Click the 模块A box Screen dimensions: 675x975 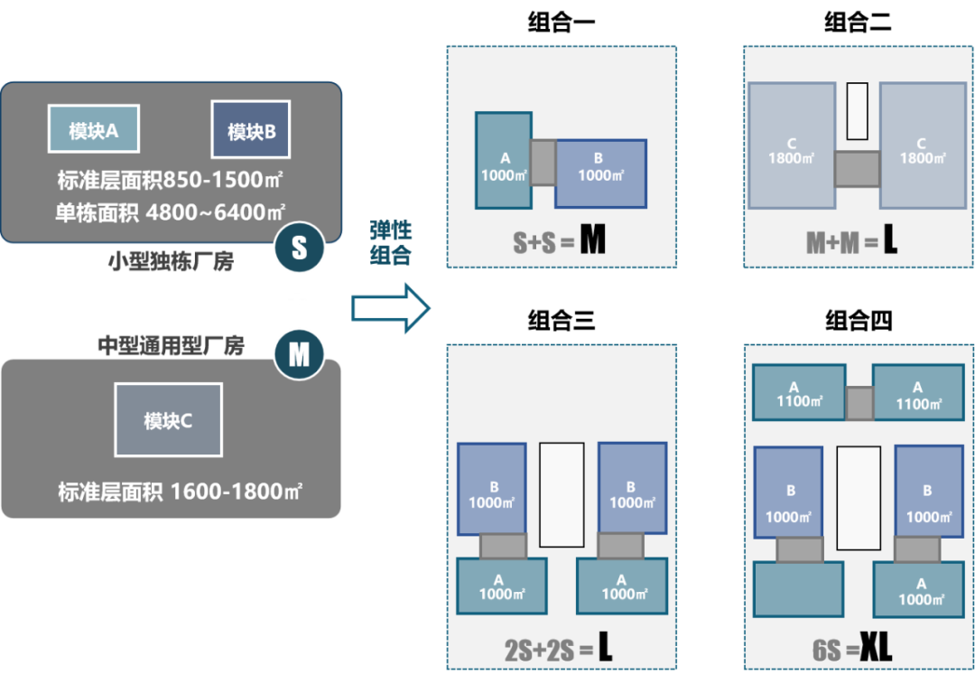94,131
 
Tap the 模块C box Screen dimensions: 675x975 168,420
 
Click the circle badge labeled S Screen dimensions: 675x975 299,248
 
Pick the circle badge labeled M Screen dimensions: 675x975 299,355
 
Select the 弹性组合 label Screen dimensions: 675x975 391,242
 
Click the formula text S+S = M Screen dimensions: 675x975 559,241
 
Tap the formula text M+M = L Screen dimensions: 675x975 851,241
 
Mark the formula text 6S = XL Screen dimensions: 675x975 851,647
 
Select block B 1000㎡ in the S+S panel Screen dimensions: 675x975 600,173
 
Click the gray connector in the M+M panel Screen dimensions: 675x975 856,169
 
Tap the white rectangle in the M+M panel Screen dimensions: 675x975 857,111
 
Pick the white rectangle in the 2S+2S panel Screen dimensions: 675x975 562,494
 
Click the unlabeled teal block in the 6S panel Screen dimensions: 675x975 798,589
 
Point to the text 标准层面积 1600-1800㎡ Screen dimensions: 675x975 180,492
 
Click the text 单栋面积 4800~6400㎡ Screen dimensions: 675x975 170,213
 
